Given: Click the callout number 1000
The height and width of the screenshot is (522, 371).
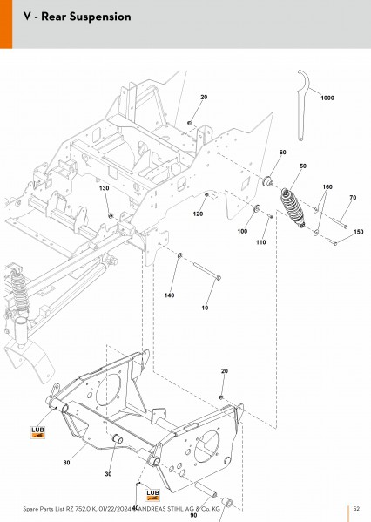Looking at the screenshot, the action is (327, 98).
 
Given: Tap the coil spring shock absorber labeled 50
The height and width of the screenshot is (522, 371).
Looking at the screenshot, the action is (293, 208).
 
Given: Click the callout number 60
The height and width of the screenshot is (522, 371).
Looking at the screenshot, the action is (282, 153).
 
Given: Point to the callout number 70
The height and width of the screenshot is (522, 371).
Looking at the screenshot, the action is (353, 198).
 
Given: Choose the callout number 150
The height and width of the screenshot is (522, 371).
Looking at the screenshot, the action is (358, 232).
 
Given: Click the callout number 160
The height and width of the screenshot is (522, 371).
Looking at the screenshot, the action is (327, 187).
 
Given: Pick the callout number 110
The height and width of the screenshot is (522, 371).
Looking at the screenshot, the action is (261, 242).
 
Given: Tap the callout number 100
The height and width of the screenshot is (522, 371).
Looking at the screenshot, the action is (242, 231).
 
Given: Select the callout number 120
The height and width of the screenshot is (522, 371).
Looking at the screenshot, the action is (198, 214).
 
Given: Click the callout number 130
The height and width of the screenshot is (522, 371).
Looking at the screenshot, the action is (105, 188).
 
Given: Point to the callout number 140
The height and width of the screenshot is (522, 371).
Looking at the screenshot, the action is (169, 295).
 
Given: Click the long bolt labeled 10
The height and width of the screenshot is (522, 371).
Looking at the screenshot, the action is (207, 271).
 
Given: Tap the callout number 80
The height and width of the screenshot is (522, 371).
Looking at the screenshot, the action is (66, 463).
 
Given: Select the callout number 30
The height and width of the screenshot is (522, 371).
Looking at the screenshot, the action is (109, 474).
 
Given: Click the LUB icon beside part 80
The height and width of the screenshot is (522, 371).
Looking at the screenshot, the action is (37, 432).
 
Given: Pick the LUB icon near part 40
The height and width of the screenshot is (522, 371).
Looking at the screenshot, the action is (152, 495).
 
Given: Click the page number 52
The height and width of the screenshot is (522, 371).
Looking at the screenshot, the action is (356, 509).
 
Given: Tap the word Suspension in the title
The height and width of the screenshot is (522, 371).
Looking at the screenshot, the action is (104, 17).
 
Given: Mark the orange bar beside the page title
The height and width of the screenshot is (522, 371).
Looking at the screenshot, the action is (6, 24).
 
